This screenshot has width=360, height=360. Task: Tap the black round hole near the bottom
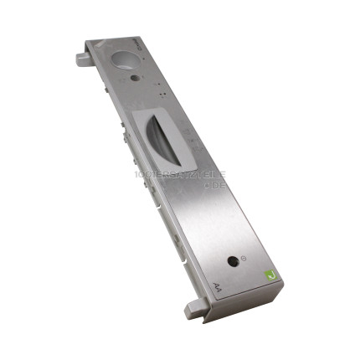coord(231,260)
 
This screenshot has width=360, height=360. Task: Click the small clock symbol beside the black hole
coord(243,259)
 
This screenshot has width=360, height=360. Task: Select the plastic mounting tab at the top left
coord(82,59)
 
